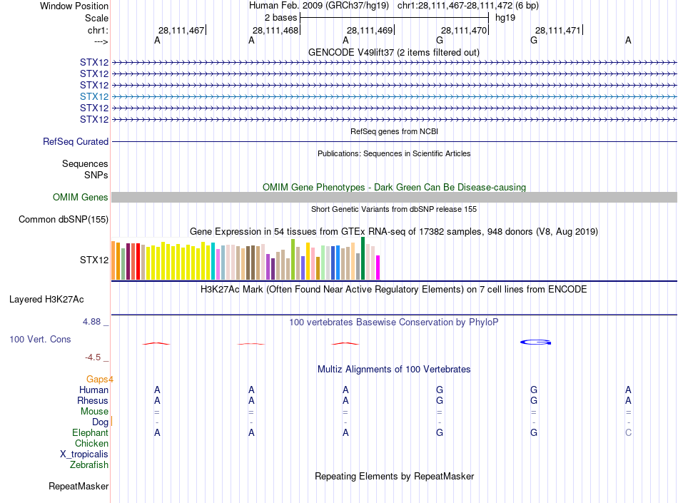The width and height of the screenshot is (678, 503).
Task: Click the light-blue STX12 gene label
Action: (94, 96)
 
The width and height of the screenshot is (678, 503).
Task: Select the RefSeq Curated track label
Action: (76, 142)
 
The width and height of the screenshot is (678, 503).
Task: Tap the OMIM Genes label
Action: (81, 198)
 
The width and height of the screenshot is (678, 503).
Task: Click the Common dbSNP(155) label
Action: (64, 220)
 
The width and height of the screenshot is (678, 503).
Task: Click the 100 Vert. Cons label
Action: (40, 340)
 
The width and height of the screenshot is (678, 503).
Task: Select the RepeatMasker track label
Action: (79, 487)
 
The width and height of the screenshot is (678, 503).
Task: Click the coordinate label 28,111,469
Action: (369, 30)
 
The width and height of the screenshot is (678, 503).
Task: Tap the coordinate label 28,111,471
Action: (557, 30)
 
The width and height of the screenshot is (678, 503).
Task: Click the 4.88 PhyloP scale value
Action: (92, 322)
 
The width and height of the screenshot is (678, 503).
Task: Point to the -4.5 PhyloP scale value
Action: (93, 357)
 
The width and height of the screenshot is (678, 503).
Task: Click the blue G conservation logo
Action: (535, 342)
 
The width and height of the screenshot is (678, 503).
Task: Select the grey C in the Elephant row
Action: (628, 433)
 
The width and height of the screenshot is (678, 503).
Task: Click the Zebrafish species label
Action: (89, 465)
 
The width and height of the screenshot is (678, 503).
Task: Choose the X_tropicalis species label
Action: (84, 454)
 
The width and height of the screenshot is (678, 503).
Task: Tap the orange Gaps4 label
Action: (100, 379)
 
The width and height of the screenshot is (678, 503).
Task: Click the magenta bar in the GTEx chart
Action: (378, 268)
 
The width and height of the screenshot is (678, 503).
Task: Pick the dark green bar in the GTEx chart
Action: (363, 258)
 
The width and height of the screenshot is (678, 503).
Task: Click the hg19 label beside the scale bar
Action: (505, 17)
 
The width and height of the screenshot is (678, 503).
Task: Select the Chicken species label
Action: (91, 444)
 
